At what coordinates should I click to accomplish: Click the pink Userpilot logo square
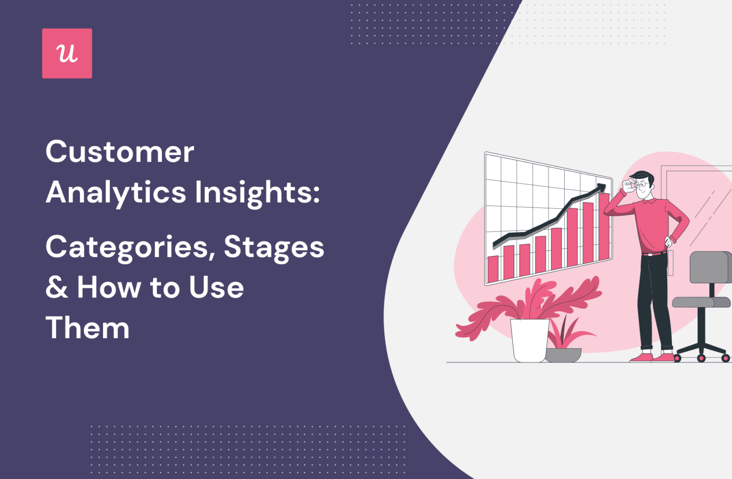[67, 53]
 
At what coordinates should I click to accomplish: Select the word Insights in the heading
[256, 193]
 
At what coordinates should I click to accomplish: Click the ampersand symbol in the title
[57, 288]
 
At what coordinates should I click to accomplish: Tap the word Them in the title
[88, 328]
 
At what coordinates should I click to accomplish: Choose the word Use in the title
[216, 288]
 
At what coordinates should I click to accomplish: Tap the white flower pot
[529, 339]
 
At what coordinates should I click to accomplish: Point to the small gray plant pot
[563, 355]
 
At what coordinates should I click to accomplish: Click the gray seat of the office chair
[701, 302]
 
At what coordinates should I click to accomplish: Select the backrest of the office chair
[710, 267]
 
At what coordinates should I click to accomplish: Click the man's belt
[654, 254]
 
